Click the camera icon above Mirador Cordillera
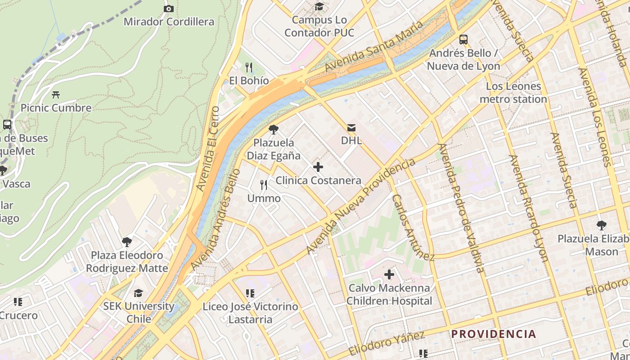[169, 9]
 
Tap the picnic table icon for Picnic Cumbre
[56, 95]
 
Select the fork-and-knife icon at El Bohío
[249, 67]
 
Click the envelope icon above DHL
[351, 128]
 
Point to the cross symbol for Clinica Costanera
[318, 167]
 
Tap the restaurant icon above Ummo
[264, 185]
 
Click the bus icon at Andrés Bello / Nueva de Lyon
[463, 40]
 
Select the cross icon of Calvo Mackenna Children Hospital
[389, 274]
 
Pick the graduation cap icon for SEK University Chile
[138, 293]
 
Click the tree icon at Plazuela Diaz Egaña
[273, 130]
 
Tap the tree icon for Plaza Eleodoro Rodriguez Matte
[127, 242]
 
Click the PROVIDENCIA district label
[494, 334]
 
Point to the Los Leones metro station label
[513, 93]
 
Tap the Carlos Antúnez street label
[412, 228]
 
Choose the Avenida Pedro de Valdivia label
[461, 208]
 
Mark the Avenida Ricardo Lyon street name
[528, 208]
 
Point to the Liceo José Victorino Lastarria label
[250, 313]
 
